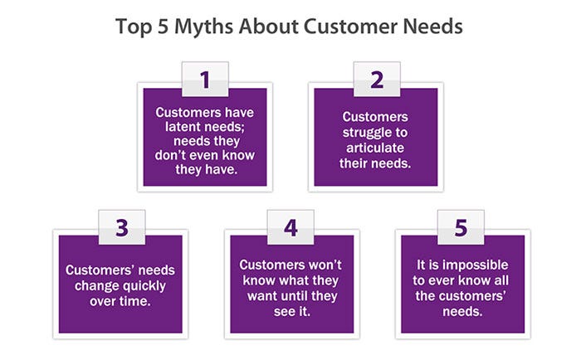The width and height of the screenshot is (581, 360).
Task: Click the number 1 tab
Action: (205, 80)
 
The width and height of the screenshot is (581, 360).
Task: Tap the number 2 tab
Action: (377, 80)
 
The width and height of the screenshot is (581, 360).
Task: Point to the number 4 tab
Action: (290, 227)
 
